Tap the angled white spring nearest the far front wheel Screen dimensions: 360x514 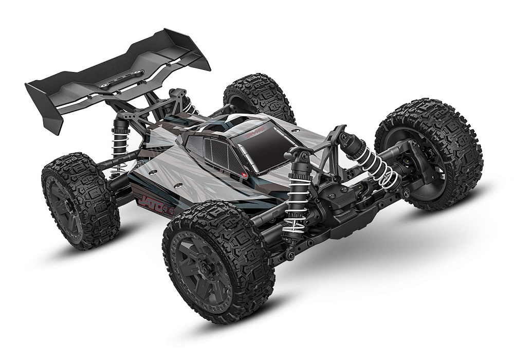378,165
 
